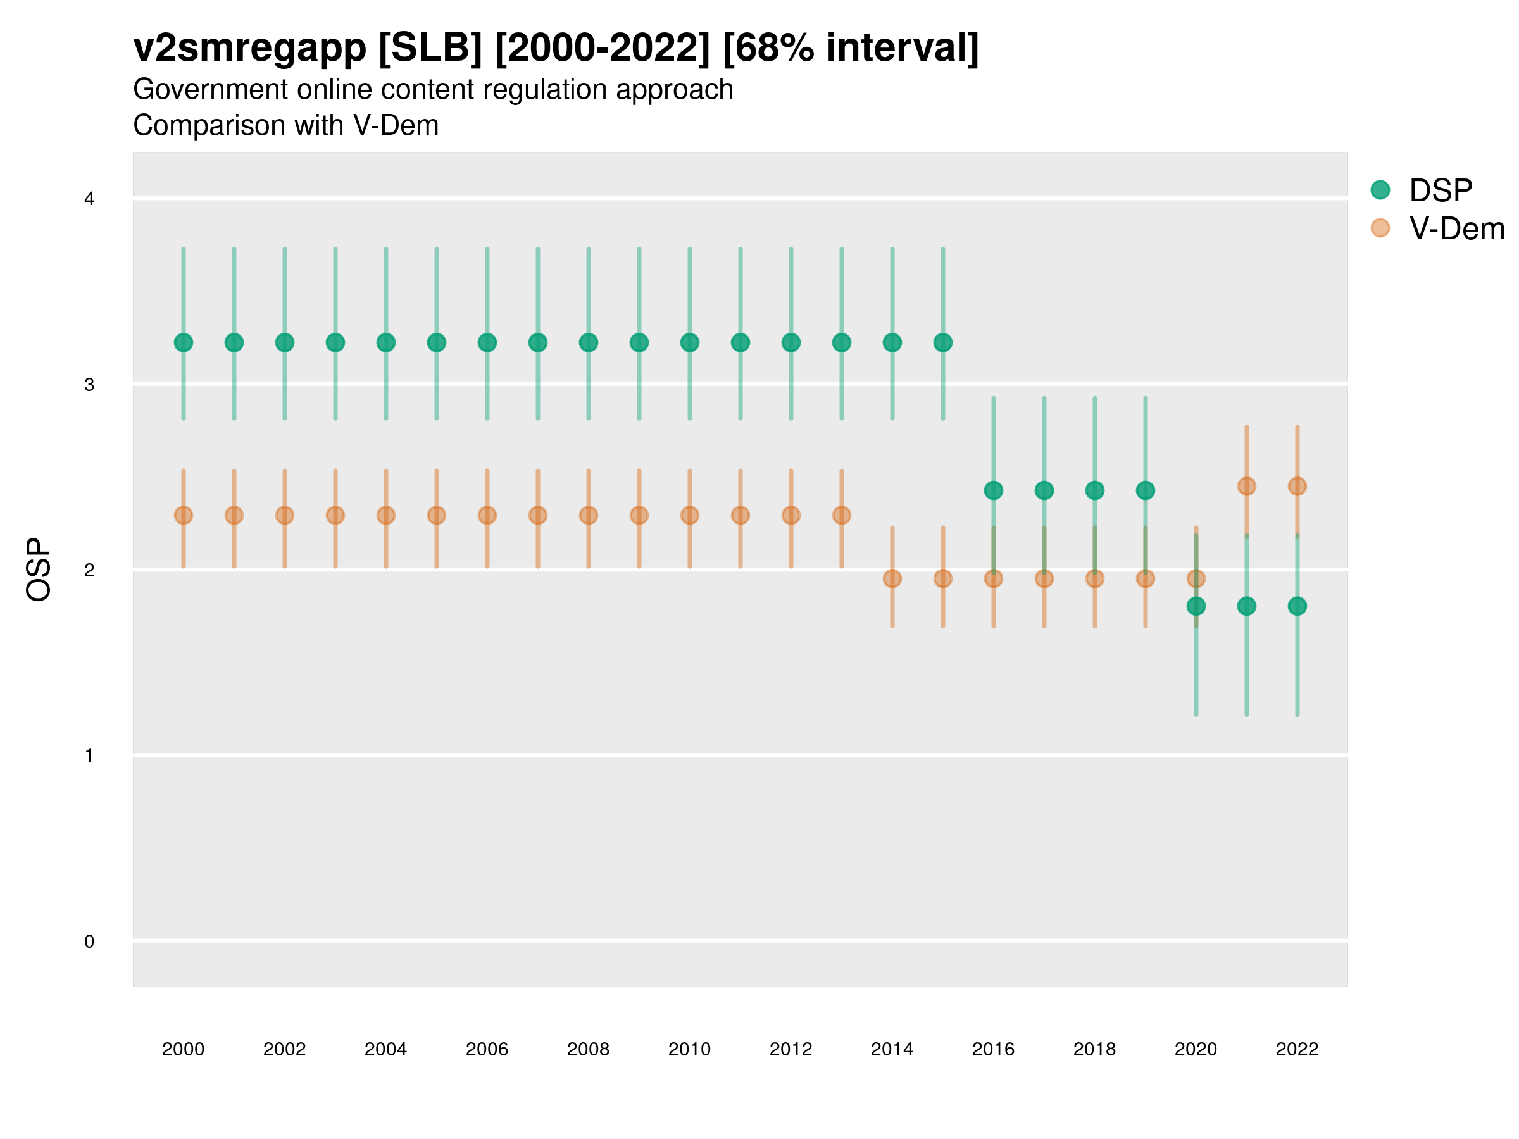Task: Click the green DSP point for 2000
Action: click(x=184, y=342)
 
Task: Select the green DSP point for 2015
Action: click(x=943, y=342)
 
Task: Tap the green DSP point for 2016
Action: click(x=994, y=490)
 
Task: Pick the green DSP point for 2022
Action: click(x=1297, y=606)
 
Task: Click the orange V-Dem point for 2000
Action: click(x=184, y=515)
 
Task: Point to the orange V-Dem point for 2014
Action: click(x=892, y=579)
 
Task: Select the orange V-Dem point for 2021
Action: click(x=1246, y=486)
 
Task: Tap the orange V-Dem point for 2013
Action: click(x=841, y=515)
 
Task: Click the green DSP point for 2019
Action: click(x=1146, y=490)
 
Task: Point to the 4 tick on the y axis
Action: click(x=89, y=199)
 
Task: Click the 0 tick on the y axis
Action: click(x=89, y=942)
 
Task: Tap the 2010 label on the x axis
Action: click(x=689, y=1049)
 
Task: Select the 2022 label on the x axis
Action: click(x=1297, y=1049)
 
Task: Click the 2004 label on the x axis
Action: click(x=386, y=1049)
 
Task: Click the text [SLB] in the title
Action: click(x=430, y=48)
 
